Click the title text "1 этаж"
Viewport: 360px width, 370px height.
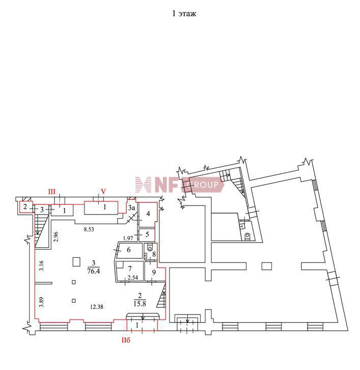click(184, 13)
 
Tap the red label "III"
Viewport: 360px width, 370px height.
click(51, 192)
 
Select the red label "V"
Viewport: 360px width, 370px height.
click(103, 191)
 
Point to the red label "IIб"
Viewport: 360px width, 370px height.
click(126, 340)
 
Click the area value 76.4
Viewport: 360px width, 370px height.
click(93, 271)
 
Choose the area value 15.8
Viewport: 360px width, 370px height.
click(140, 303)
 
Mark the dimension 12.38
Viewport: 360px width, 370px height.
click(97, 307)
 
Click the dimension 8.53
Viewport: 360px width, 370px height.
click(89, 229)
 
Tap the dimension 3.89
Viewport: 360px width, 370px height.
click(41, 302)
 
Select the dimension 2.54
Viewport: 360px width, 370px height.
click(133, 277)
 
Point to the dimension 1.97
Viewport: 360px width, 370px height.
click(128, 239)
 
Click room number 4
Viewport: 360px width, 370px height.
click(148, 214)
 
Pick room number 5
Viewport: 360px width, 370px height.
click(147, 234)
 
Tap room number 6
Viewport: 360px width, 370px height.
click(129, 250)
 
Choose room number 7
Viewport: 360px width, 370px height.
click(130, 268)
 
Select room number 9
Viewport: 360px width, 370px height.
click(154, 273)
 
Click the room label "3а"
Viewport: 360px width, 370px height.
click(131, 208)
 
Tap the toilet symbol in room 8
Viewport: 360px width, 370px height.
click(150, 248)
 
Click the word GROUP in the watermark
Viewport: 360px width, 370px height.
click(205, 184)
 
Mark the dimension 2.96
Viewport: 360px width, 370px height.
click(56, 237)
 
